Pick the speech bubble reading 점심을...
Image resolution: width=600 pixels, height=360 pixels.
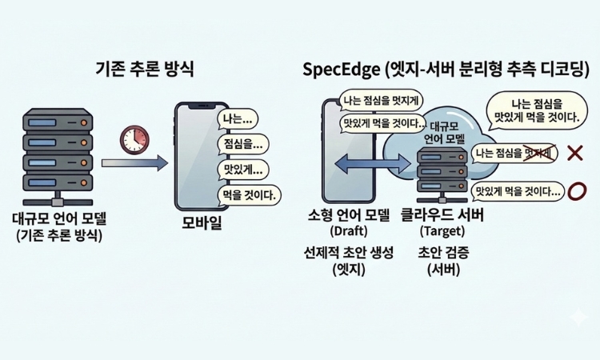click(x=242, y=145)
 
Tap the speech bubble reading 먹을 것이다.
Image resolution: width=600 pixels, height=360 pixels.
click(x=250, y=194)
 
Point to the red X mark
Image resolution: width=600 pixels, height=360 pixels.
click(x=574, y=152)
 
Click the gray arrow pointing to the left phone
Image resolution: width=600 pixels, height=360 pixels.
click(x=134, y=163)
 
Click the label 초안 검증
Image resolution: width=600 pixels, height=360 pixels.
click(x=443, y=253)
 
